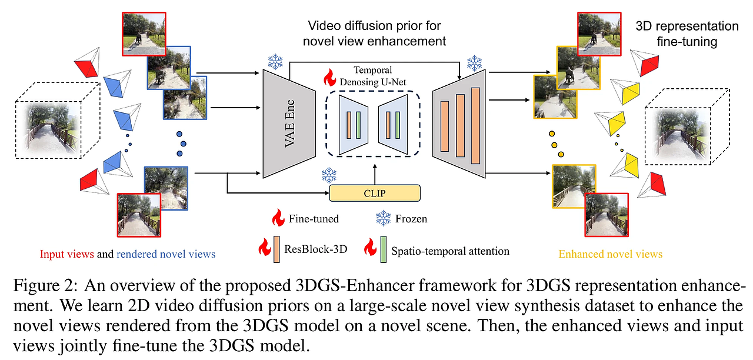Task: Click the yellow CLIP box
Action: [375, 192]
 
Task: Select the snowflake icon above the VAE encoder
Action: [275, 61]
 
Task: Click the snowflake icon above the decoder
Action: [474, 63]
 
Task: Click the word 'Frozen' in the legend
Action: [411, 219]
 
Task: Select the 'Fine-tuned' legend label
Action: [314, 219]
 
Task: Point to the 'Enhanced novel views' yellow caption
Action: [611, 254]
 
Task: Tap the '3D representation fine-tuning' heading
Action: [688, 34]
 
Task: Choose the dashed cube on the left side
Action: [56, 121]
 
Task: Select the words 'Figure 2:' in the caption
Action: [45, 287]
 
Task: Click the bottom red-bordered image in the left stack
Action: [139, 214]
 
